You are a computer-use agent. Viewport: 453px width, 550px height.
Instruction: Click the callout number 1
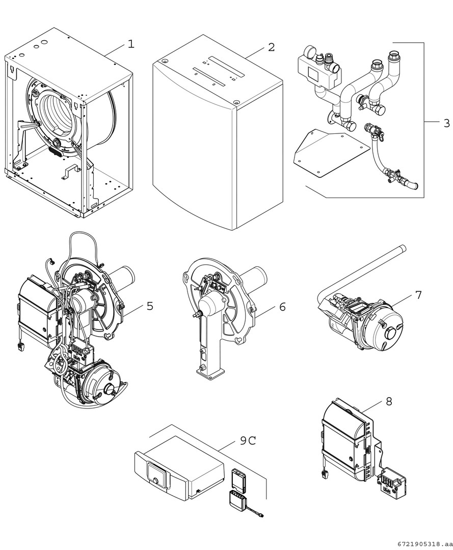[131, 44]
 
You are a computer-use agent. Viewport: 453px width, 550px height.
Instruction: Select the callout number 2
[271, 47]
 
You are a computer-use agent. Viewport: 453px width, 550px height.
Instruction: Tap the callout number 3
[446, 123]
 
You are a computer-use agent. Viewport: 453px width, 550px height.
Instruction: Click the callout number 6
[282, 307]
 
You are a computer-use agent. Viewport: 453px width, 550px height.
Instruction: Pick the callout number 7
[418, 295]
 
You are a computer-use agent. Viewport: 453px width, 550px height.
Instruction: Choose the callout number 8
[389, 401]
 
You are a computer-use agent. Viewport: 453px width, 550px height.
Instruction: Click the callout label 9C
[248, 441]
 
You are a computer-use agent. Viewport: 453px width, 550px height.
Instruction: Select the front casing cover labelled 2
[214, 148]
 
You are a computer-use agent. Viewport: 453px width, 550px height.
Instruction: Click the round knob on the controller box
[153, 480]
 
